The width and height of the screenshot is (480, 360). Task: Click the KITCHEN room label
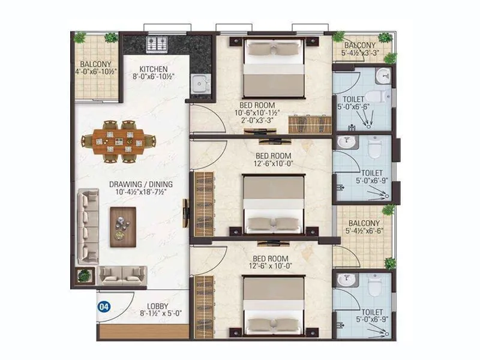click(x=154, y=69)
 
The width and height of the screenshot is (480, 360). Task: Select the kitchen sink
click(x=199, y=83)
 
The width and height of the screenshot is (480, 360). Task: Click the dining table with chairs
click(x=118, y=142)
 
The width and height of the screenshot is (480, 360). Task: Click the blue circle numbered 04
click(x=104, y=307)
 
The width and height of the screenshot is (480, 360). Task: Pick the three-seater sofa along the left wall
click(x=89, y=226)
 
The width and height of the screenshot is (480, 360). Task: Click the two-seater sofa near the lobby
click(x=122, y=275)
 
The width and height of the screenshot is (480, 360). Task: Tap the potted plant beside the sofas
click(x=85, y=275)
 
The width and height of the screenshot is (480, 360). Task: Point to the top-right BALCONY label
click(x=360, y=45)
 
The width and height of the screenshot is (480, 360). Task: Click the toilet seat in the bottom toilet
click(x=375, y=287)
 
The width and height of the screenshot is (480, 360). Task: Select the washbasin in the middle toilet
click(x=344, y=142)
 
